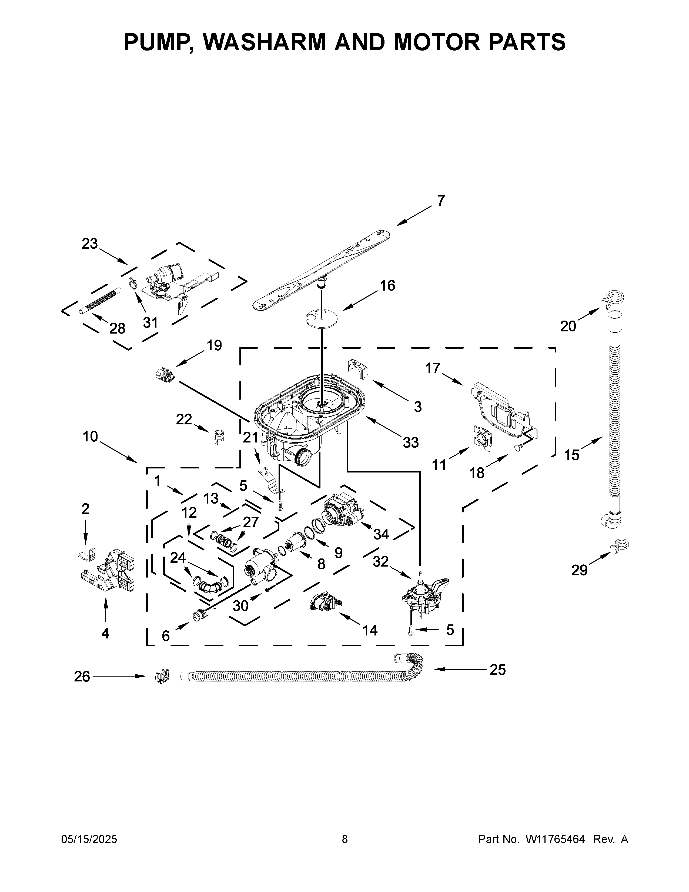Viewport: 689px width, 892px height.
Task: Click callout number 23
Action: (x=90, y=244)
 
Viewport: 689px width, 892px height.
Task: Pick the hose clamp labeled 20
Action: (x=612, y=299)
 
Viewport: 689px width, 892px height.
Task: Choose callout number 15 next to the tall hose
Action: (x=571, y=455)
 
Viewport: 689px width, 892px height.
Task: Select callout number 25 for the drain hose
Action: (x=497, y=670)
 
